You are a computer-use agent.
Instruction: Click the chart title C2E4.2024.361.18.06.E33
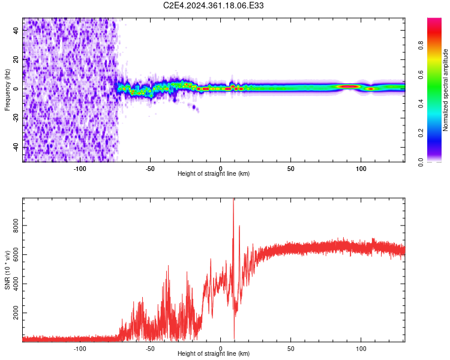click(x=214, y=5)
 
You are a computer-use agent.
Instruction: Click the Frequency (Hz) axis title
click(x=7, y=88)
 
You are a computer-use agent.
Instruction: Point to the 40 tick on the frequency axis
click(x=17, y=31)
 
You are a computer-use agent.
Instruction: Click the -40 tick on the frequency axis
click(x=17, y=147)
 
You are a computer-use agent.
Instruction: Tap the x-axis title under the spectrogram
click(x=214, y=174)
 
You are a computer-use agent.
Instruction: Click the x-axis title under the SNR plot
click(x=214, y=354)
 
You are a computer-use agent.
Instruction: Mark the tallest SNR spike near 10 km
click(x=233, y=201)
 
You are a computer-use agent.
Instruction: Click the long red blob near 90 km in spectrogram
click(x=349, y=86)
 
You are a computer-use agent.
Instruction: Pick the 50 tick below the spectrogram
click(x=290, y=168)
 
